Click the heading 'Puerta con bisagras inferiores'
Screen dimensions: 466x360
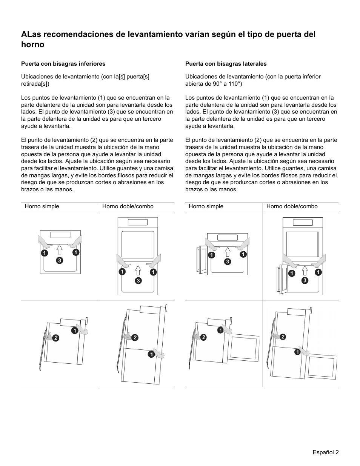[63, 64]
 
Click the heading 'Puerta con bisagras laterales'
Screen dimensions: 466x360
[226, 64]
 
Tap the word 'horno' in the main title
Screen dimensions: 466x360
[33, 45]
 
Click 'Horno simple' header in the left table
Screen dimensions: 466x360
[42, 206]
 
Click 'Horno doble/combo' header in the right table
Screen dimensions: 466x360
[292, 206]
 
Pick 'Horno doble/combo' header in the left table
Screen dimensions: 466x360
[128, 206]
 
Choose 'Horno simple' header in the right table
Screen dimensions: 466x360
[206, 206]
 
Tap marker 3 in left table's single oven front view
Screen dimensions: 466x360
[60, 260]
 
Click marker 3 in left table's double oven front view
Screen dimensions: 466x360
[138, 280]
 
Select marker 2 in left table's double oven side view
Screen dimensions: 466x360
[135, 337]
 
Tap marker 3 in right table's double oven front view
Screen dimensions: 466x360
[305, 280]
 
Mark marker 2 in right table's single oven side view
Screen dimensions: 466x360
[203, 337]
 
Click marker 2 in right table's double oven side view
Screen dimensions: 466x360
[282, 336]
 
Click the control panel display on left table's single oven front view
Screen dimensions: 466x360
[60, 235]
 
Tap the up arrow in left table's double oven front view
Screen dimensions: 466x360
[138, 271]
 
